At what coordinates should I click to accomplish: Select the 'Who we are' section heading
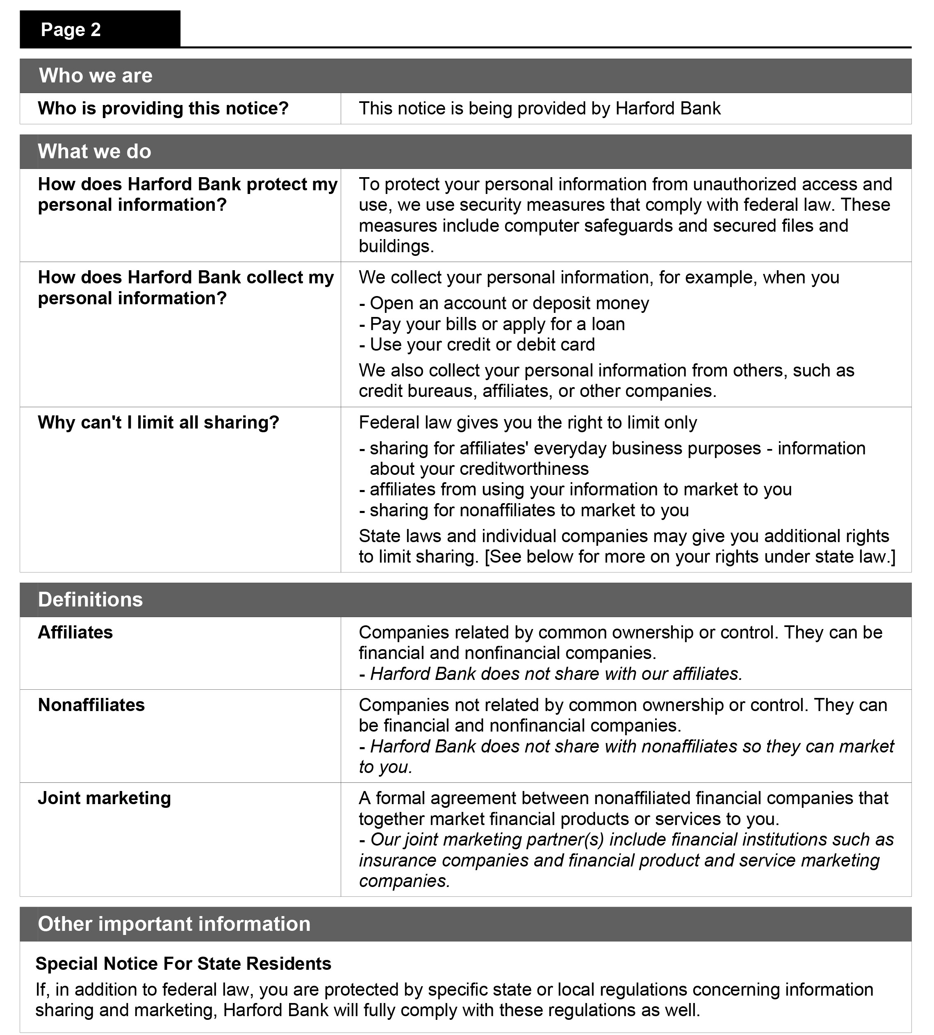tap(96, 76)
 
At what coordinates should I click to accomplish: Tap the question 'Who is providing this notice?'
tap(163, 109)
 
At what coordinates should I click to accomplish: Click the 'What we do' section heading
tap(94, 152)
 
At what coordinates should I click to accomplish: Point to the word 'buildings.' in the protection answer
tap(396, 247)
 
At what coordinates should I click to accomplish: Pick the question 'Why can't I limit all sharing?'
tap(158, 423)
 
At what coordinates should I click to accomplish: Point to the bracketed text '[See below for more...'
tap(689, 557)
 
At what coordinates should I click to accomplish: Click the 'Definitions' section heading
tap(90, 600)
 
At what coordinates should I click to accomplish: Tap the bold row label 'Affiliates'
tap(75, 633)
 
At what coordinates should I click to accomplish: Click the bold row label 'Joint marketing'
tap(104, 798)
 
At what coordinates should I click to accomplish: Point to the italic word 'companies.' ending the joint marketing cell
tap(404, 881)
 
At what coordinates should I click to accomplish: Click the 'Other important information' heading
tap(174, 924)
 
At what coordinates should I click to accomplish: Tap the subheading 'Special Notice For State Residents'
tap(183, 964)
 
